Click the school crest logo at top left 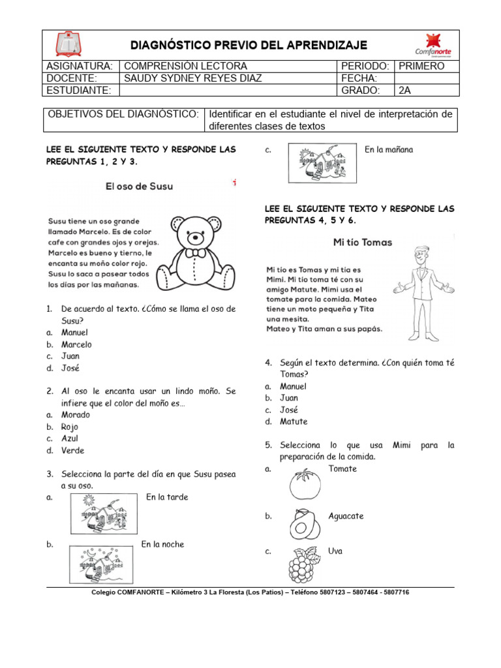pos(67,44)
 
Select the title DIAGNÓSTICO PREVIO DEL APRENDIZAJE pos(249,45)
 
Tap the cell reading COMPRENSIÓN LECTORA pos(185,66)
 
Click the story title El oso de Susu pos(140,187)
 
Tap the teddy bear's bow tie pos(196,252)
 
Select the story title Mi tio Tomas pos(362,242)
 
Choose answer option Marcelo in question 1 pos(76,344)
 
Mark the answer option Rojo pos(69,427)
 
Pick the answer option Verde pos(72,450)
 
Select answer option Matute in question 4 pos(294,421)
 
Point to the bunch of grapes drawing pos(303,563)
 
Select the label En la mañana pos(389,149)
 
